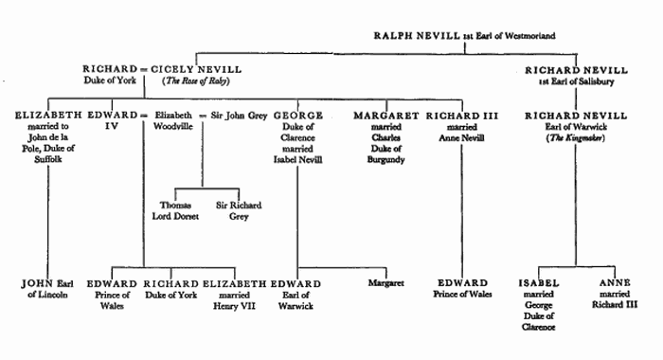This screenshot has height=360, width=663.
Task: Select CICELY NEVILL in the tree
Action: pyautogui.click(x=200, y=69)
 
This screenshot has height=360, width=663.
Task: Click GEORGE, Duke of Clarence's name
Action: pyautogui.click(x=298, y=115)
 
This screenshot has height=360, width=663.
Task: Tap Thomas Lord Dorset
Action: pyautogui.click(x=176, y=210)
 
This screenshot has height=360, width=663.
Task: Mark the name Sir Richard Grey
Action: pyautogui.click(x=238, y=210)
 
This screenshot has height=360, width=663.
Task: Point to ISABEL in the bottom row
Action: pyautogui.click(x=538, y=283)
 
